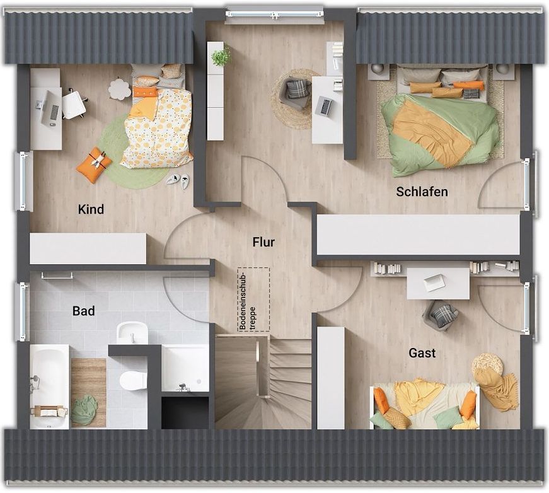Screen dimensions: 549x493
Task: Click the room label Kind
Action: pyautogui.click(x=91, y=209)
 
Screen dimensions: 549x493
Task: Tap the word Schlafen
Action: pyautogui.click(x=422, y=192)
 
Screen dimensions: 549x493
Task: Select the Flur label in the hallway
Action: pyautogui.click(x=263, y=242)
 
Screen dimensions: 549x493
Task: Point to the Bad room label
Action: pyautogui.click(x=83, y=311)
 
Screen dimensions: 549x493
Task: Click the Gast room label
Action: pyautogui.click(x=422, y=353)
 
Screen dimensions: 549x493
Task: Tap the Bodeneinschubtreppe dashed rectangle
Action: pyautogui.click(x=253, y=299)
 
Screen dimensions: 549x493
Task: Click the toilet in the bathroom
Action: pyautogui.click(x=133, y=380)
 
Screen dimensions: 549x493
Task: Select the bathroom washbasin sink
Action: pyautogui.click(x=132, y=333)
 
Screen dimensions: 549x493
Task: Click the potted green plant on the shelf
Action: pyautogui.click(x=221, y=55)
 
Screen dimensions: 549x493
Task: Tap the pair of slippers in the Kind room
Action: pyautogui.click(x=178, y=181)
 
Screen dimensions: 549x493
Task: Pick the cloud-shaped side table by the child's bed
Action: pyautogui.click(x=119, y=89)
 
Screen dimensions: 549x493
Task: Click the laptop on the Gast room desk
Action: pyautogui.click(x=434, y=282)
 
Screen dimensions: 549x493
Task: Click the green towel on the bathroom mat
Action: pyautogui.click(x=84, y=410)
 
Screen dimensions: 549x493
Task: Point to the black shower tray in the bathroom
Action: pyautogui.click(x=185, y=412)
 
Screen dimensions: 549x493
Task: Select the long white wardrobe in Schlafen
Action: pyautogui.click(x=418, y=235)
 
